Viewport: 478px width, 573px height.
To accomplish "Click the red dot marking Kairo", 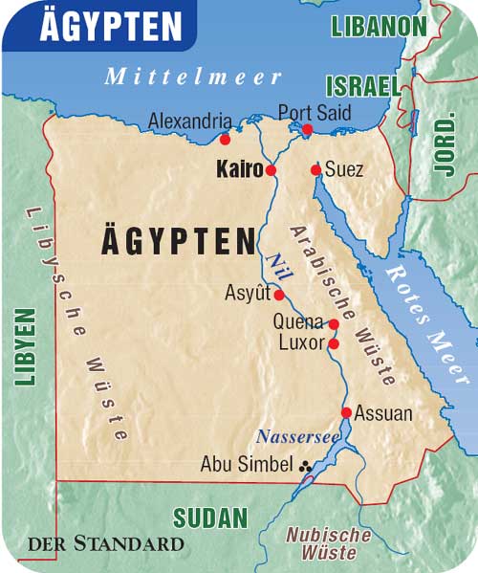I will coord(271,170).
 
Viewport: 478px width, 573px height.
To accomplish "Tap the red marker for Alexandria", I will coord(225,139).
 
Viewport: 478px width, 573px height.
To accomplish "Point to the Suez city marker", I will coord(315,170).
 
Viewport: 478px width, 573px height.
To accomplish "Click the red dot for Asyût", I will coord(279,295).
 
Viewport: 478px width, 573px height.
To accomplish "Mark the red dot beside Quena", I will coord(334,324).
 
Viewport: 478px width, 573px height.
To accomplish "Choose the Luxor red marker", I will coord(334,343).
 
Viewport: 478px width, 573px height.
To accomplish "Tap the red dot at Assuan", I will coord(346,413).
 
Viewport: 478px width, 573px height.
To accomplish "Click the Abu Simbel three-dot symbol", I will coord(306,466).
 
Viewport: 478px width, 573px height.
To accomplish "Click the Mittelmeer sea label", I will coord(193,77).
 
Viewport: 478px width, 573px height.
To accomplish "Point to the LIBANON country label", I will coord(380,26).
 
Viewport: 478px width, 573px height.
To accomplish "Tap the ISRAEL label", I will coord(361,86).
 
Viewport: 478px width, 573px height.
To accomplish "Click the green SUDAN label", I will coord(210,518).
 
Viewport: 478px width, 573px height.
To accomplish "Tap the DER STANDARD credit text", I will coord(105,544).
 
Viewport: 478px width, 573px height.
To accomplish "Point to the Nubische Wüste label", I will coord(328,543).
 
